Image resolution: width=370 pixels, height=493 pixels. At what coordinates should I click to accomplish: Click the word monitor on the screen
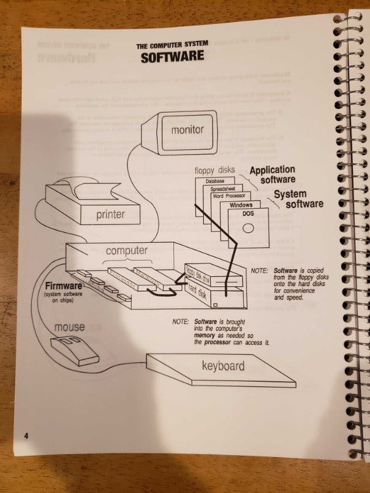pos(187,130)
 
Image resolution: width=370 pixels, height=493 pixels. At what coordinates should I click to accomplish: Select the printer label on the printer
pos(110,215)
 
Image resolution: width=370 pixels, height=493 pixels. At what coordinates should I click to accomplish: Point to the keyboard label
pos(223,366)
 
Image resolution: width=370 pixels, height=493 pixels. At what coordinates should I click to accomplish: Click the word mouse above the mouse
pos(70,327)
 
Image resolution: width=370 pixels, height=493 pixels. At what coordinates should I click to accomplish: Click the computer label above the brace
pos(127,251)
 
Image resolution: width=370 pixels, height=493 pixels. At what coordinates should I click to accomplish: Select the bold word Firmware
pos(64,286)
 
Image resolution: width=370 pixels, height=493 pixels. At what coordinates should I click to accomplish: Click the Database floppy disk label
pos(214,182)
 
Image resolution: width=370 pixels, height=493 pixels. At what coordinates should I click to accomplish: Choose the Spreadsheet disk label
pos(224,189)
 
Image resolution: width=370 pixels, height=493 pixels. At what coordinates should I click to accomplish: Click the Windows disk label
pos(241,205)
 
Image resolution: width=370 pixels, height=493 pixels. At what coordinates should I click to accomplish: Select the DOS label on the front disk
pos(248,213)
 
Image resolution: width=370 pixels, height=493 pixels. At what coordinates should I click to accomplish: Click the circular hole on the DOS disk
pos(248,229)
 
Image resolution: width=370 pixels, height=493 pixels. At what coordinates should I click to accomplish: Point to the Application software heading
pos(272,174)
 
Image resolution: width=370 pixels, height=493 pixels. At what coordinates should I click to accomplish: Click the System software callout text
pos(296,198)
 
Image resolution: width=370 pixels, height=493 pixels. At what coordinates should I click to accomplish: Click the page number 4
pos(26,436)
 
